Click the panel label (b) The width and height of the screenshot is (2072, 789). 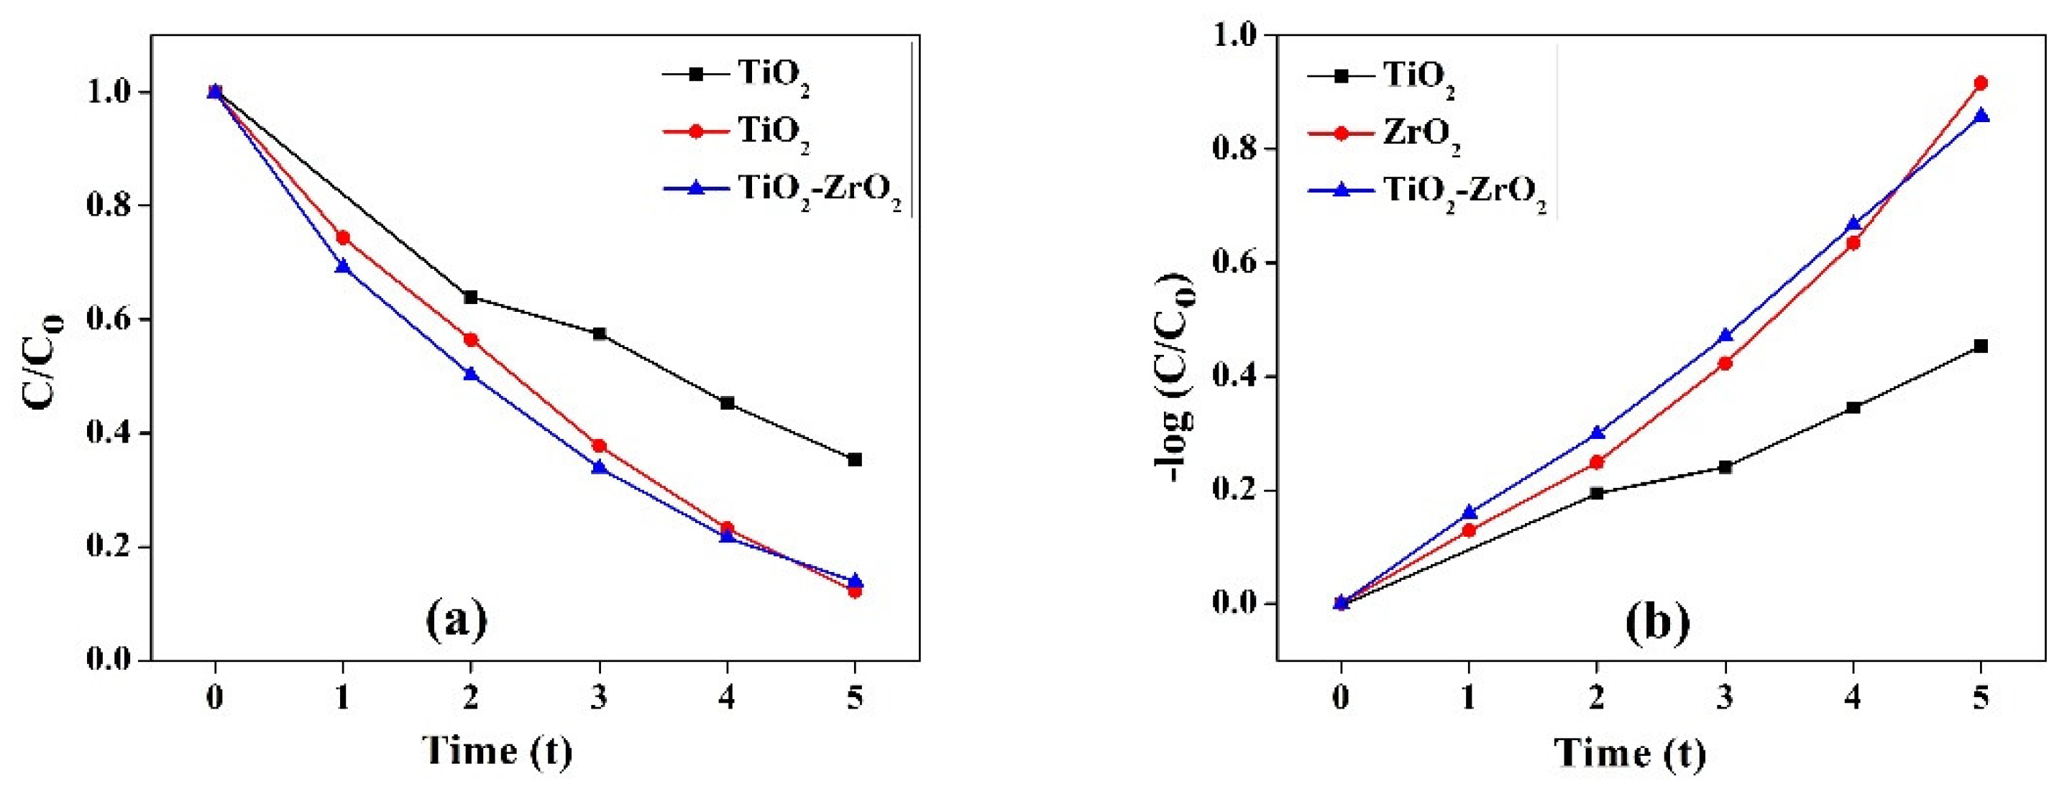click(x=1658, y=621)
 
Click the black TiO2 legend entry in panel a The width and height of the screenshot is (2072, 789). click(x=773, y=74)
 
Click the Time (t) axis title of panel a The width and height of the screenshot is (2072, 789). click(x=498, y=749)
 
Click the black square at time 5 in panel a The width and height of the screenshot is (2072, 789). click(x=855, y=459)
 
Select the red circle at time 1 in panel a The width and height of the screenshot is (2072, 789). click(x=343, y=237)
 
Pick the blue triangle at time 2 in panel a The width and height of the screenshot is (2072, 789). click(x=470, y=374)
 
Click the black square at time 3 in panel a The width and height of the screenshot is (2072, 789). click(x=599, y=333)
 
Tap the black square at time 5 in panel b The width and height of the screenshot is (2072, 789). click(x=1981, y=346)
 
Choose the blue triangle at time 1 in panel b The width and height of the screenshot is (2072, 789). click(x=1470, y=512)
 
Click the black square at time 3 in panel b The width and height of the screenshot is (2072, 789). click(x=1725, y=466)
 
